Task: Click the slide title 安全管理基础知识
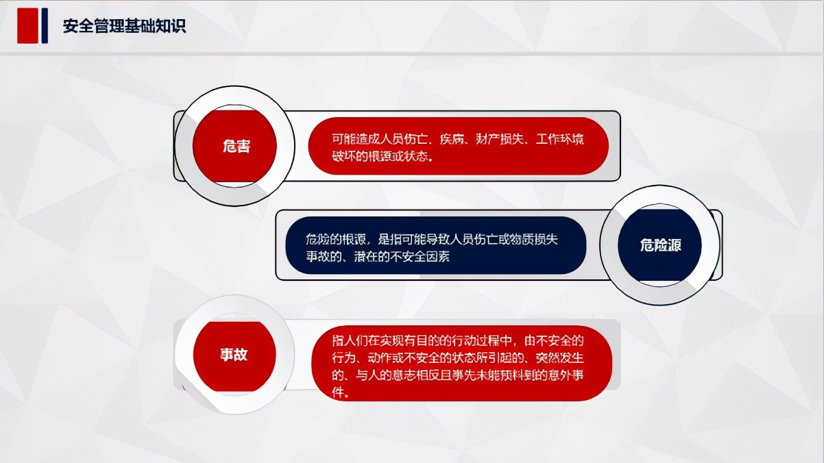pos(124,27)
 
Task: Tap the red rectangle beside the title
pos(27,27)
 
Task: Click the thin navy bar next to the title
pos(45,27)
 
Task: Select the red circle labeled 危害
pos(235,146)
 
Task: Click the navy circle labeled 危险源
pos(660,245)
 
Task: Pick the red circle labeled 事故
pos(234,355)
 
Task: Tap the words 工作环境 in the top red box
pos(561,140)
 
